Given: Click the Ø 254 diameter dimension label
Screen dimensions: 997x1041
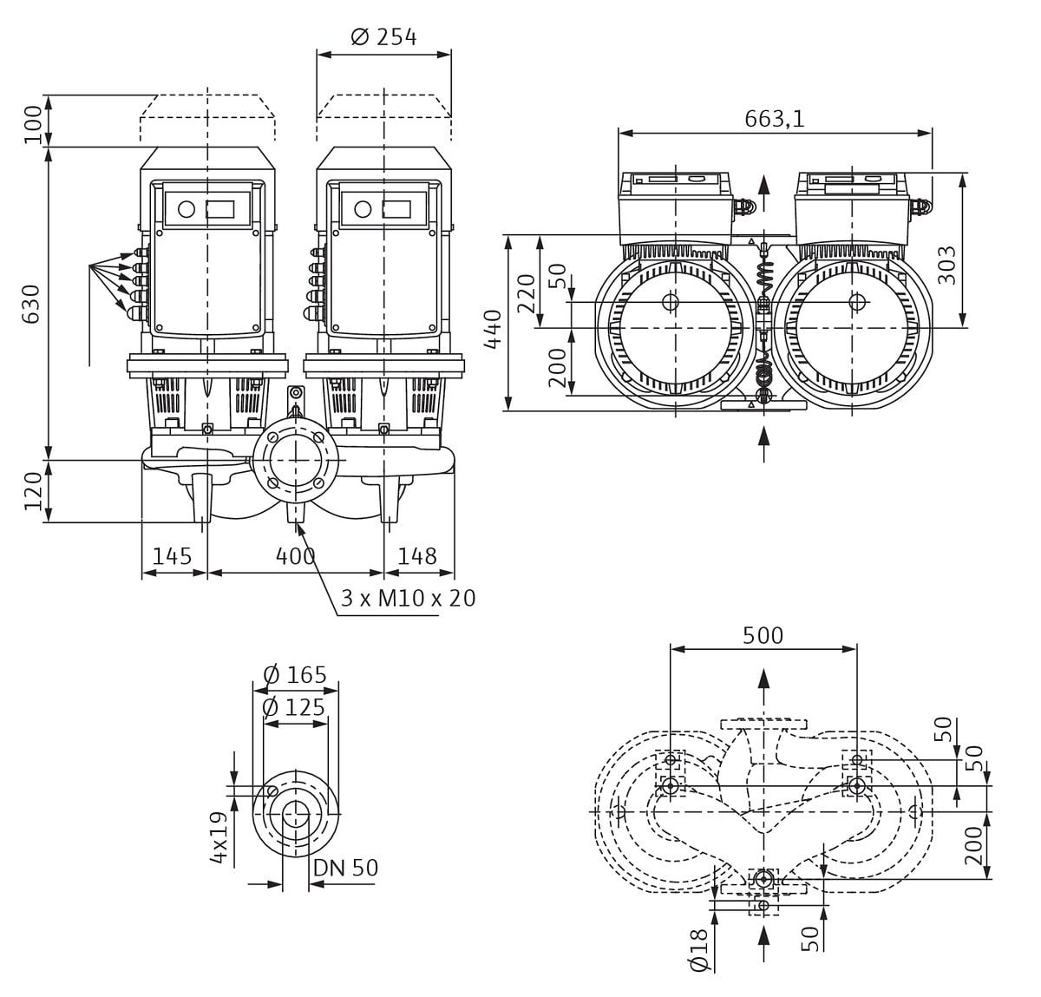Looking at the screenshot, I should point(383,37).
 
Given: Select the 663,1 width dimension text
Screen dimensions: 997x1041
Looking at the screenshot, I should point(774,119).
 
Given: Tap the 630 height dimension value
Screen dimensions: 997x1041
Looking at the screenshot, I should point(31,303).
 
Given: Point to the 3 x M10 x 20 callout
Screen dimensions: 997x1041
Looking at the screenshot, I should point(408,599).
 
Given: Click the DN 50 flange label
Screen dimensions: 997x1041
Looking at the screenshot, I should point(345,868).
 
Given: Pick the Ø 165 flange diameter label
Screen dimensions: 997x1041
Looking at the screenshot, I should point(294,675).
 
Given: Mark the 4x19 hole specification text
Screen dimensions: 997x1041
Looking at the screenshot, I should point(219,836).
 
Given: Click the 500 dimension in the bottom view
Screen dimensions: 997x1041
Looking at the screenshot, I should point(763,636).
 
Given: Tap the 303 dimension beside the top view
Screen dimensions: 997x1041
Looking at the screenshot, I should point(947,265).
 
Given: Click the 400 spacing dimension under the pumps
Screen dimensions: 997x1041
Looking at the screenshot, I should point(295,556).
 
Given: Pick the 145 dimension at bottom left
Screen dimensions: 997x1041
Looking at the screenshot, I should point(172,556).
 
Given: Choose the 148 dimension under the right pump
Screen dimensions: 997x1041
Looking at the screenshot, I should point(416,556).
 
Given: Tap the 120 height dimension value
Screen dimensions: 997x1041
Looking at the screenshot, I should point(32,491).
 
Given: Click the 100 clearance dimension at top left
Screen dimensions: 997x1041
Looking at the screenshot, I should point(32,124).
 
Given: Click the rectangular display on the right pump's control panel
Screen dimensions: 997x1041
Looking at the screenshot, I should point(396,209).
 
